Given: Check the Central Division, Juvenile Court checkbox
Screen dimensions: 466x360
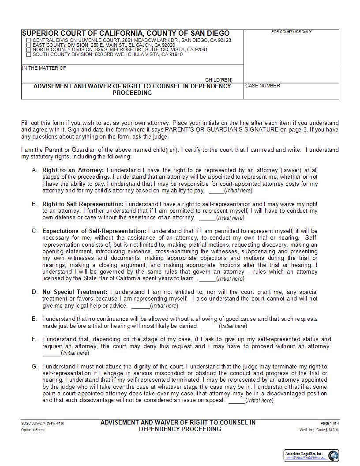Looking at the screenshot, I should (29, 40).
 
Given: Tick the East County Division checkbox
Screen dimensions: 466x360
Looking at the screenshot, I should (29, 45).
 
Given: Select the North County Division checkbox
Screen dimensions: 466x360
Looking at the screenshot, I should (29, 50).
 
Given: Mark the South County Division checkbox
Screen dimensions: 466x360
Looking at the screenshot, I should (29, 55).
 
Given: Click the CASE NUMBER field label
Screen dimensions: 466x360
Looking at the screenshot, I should (262, 86).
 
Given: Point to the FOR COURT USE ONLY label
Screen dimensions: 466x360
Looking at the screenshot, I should (291, 32).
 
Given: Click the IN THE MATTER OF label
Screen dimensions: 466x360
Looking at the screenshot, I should (44, 68).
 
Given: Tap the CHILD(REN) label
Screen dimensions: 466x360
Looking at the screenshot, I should (218, 80).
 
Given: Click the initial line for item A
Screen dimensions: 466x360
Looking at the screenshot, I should (216, 191).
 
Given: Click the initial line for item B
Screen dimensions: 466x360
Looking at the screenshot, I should (207, 218).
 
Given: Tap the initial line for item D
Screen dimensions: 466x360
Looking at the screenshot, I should (140, 306).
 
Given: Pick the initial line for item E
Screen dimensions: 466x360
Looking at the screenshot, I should (210, 326).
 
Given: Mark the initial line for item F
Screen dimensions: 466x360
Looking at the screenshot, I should (52, 353).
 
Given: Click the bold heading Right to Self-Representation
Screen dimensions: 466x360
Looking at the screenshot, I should (83, 204).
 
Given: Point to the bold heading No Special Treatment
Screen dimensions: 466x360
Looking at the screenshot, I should (75, 292).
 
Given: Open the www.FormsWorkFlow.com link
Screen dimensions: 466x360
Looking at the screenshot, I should (305, 458).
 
